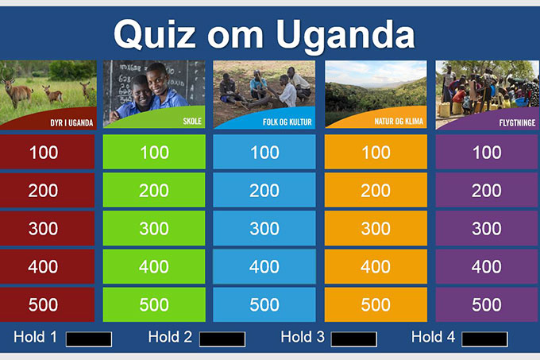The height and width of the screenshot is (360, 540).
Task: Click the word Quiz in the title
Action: click(x=155, y=34)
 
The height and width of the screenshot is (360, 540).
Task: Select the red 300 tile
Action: click(x=47, y=228)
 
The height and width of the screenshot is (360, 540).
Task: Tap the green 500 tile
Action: click(x=154, y=304)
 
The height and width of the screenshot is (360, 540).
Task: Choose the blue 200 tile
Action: click(x=264, y=190)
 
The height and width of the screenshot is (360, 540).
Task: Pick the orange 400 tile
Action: click(x=376, y=267)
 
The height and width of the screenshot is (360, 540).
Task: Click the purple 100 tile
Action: click(x=487, y=152)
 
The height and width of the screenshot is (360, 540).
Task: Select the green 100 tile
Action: click(x=154, y=152)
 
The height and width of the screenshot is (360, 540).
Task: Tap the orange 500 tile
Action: click(x=376, y=304)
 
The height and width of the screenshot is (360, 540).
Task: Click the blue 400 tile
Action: click(x=264, y=267)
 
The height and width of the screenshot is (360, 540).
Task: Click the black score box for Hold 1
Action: click(x=89, y=339)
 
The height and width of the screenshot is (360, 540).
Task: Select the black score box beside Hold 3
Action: click(x=353, y=339)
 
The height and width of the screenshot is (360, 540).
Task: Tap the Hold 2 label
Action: click(x=170, y=337)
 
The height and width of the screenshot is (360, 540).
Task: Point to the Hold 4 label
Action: click(x=434, y=337)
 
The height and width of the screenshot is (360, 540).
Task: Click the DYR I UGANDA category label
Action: click(x=71, y=122)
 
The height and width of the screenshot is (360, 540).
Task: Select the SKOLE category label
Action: click(x=192, y=121)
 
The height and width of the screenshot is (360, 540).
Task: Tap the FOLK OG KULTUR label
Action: click(x=287, y=122)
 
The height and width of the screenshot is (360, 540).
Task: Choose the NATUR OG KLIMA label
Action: click(x=399, y=122)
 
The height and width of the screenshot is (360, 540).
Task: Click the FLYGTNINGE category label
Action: click(x=517, y=122)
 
